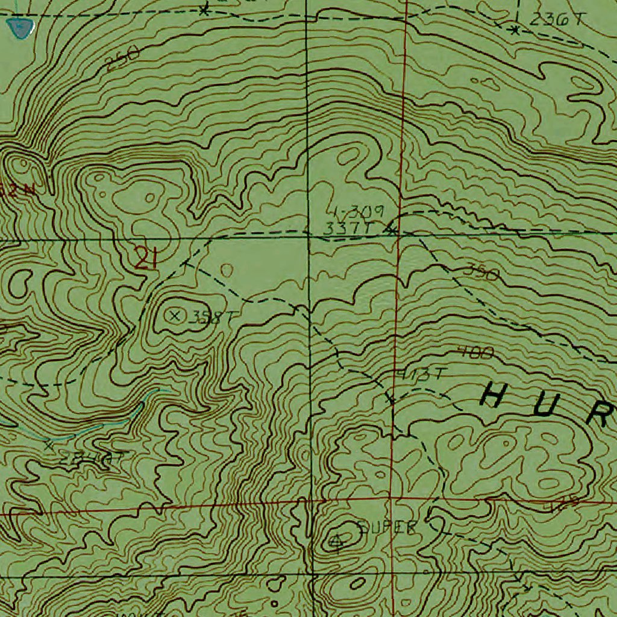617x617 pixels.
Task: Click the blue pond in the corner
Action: coord(20,27)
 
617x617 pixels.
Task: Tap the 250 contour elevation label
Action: coord(122,59)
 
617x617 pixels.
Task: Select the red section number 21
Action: coord(146,260)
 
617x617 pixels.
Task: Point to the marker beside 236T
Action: coord(514,29)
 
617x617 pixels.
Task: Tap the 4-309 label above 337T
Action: coord(357,211)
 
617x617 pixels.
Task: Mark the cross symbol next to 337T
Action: coord(392,229)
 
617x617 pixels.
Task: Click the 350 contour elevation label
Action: coord(481,273)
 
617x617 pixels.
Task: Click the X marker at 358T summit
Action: coord(175,315)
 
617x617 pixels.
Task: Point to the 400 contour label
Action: coord(475,352)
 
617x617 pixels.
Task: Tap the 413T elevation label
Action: coord(419,374)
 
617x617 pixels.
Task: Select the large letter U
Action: coord(551,407)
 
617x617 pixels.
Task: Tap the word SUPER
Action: coord(387,528)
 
